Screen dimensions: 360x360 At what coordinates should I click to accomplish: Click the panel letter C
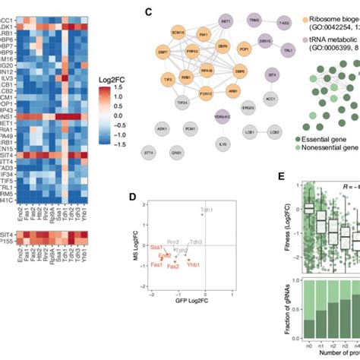(x=148, y=12)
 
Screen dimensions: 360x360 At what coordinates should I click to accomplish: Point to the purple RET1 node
(x=226, y=24)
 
